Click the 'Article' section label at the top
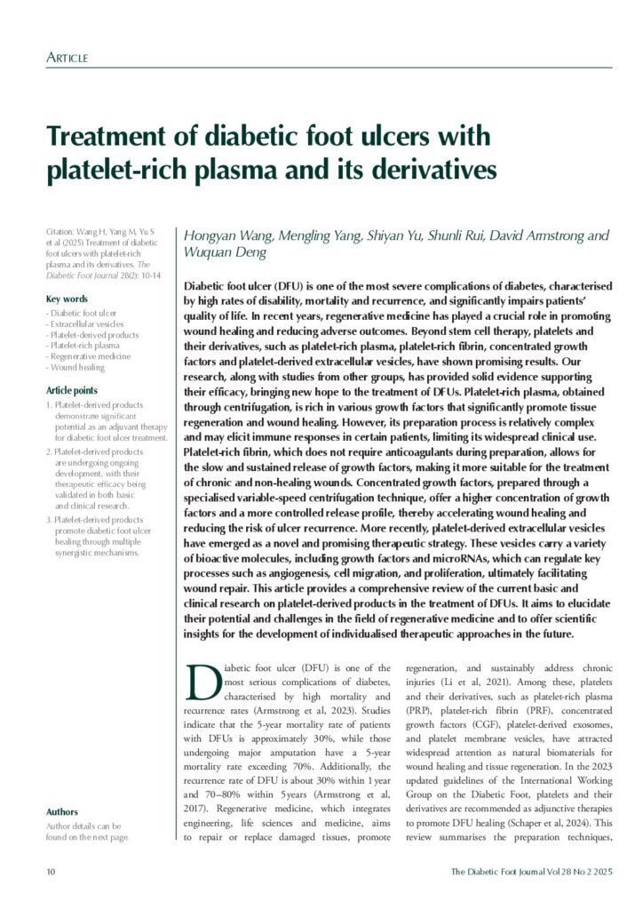[67, 59]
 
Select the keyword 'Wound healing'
[78, 366]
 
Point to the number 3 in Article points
[48, 519]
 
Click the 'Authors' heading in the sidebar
[61, 811]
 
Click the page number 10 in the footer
[51, 873]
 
